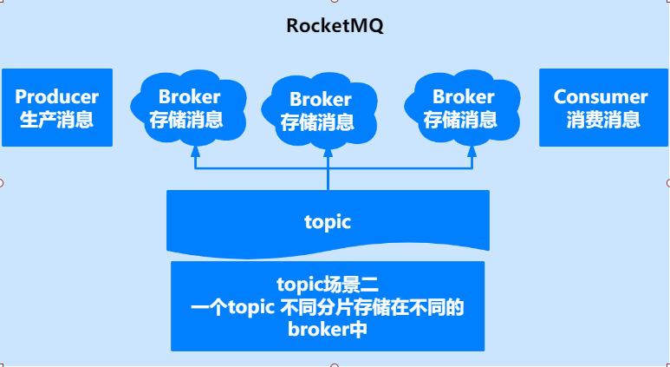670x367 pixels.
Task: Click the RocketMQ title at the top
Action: click(x=335, y=26)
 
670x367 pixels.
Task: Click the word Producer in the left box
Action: click(x=57, y=97)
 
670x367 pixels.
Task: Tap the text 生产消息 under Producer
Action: click(x=57, y=120)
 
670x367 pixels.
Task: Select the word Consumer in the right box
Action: click(x=601, y=97)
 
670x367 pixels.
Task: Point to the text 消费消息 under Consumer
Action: click(x=602, y=120)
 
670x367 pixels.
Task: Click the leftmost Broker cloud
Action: click(x=185, y=108)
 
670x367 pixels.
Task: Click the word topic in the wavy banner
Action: click(x=328, y=221)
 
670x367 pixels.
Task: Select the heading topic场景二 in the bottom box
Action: click(x=328, y=284)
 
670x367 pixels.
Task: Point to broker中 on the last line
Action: click(x=328, y=329)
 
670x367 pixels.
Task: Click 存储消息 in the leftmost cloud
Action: click(x=185, y=120)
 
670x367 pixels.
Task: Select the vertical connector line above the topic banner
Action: click(x=328, y=178)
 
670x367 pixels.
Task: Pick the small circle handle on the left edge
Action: click(x=1, y=183)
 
